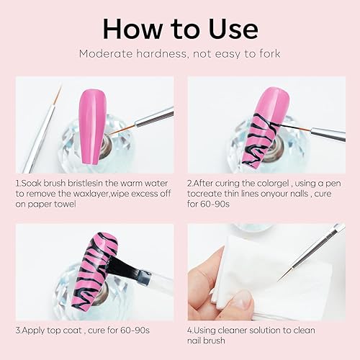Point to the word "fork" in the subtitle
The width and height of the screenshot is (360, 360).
pyautogui.click(x=266, y=54)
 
